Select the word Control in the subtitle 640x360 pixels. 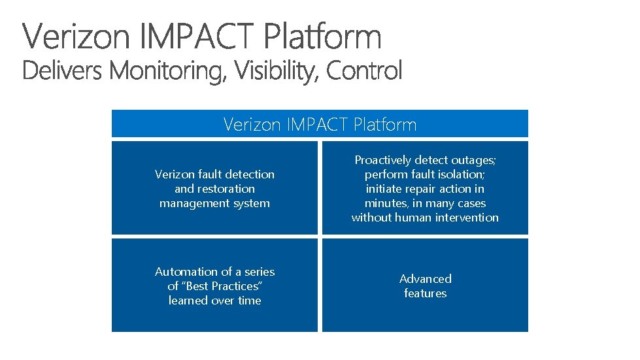pyautogui.click(x=364, y=71)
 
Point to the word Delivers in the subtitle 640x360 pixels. pyautogui.click(x=62, y=71)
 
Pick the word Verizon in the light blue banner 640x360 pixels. pyautogui.click(x=252, y=124)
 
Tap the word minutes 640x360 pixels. pyautogui.click(x=386, y=203)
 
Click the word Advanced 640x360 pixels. pyautogui.click(x=425, y=279)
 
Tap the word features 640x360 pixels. pyautogui.click(x=425, y=293)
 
